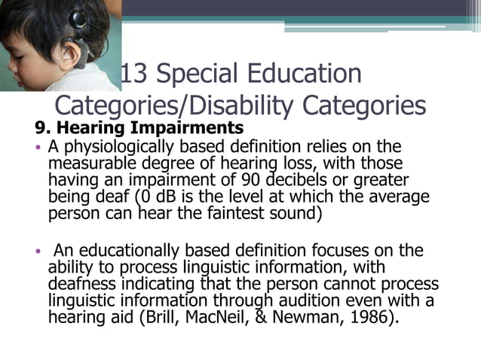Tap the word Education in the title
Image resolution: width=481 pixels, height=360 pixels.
(x=305, y=75)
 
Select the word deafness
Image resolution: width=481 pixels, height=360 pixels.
(x=80, y=284)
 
